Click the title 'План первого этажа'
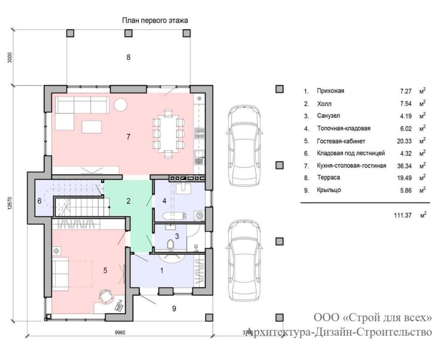[x=155, y=20]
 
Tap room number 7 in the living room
[x=128, y=137]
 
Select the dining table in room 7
[x=168, y=134]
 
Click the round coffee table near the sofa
[x=121, y=105]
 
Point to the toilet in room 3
[x=171, y=243]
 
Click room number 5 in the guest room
[x=105, y=270]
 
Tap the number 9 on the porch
[x=174, y=308]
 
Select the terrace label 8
[x=128, y=57]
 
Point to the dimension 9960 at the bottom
[x=120, y=333]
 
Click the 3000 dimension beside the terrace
[x=10, y=57]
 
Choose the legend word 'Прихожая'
[x=331, y=91]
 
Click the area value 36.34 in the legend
[x=405, y=166]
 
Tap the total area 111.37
[x=403, y=216]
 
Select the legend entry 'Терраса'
[x=329, y=178]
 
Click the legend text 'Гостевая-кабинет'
[x=341, y=141]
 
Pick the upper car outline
[x=244, y=146]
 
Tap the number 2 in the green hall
[x=128, y=201]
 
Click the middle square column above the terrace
[x=128, y=33]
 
